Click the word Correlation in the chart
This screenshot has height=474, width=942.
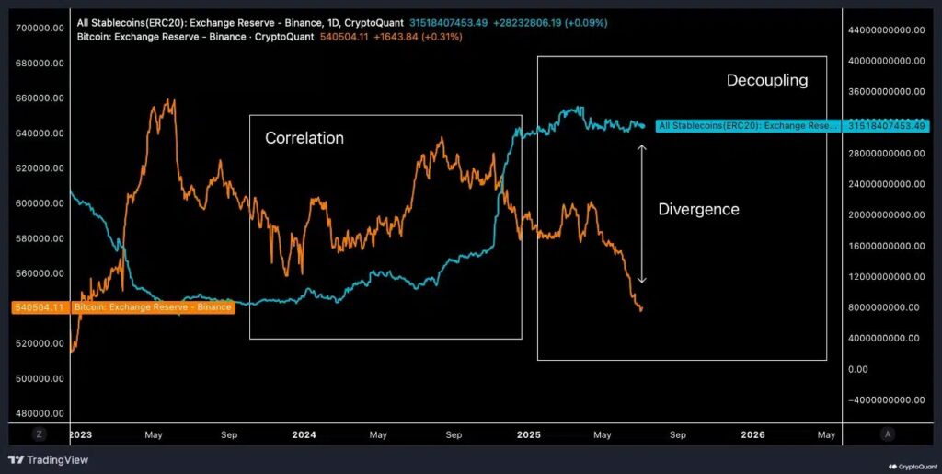coord(304,138)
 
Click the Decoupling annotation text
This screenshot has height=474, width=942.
coord(766,80)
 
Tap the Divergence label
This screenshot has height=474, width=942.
coord(698,209)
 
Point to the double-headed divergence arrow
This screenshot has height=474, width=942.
coord(642,213)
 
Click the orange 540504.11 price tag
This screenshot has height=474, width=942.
coord(40,307)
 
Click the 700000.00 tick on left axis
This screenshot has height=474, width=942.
coord(40,28)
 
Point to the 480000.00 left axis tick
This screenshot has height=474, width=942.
coord(40,413)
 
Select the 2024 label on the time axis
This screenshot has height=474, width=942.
coord(304,434)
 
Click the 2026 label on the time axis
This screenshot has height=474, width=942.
coord(752,434)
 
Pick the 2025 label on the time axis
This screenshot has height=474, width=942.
coord(528,434)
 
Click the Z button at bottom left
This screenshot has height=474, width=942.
coord(40,434)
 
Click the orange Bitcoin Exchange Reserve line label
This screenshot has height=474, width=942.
coord(151,307)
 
